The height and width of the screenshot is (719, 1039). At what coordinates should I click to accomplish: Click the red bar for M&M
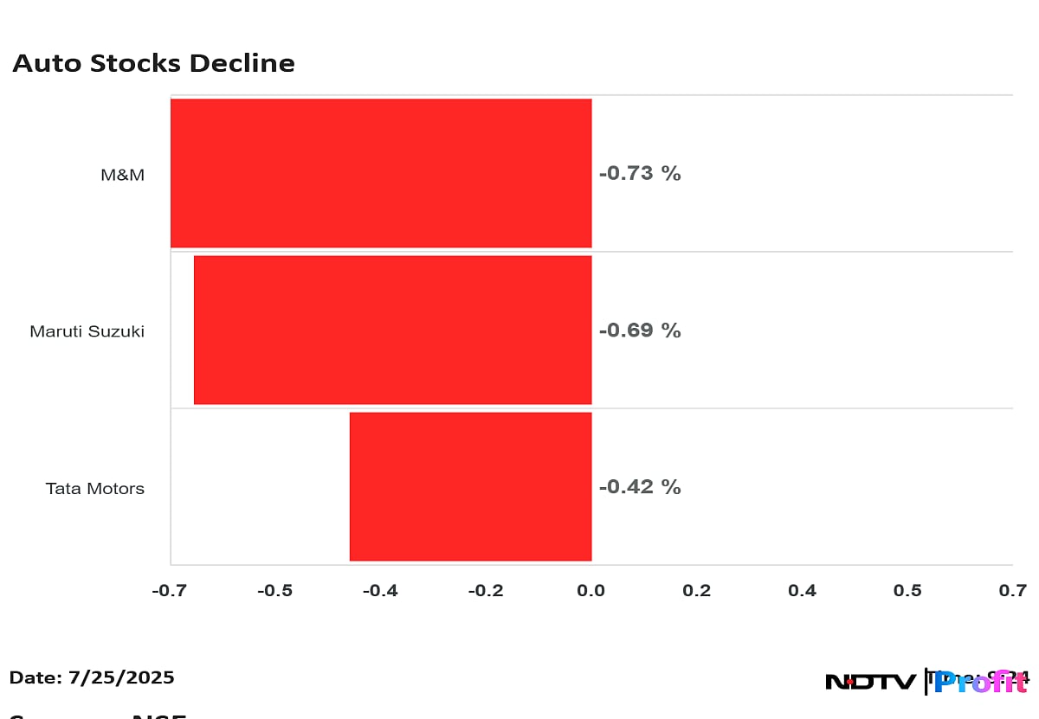[x=381, y=173]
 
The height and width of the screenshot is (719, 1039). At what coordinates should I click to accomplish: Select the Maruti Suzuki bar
[x=392, y=330]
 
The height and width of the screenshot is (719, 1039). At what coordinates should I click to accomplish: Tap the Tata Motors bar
[x=470, y=486]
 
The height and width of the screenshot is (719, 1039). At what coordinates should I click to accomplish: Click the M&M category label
[x=122, y=175]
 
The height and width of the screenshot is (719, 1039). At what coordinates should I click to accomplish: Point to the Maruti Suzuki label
[x=87, y=331]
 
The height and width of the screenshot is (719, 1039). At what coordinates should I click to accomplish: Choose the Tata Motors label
[x=95, y=489]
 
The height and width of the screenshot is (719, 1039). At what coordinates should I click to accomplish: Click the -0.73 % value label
[x=640, y=173]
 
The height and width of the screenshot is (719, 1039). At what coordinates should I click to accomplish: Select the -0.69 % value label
[x=640, y=330]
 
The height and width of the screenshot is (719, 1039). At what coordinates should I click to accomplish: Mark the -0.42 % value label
[x=640, y=487]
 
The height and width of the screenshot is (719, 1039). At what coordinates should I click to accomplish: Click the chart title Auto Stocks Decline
[x=153, y=63]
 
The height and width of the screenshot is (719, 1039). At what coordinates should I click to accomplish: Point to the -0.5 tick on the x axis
[x=274, y=591]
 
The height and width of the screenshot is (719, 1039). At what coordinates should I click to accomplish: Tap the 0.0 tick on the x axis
[x=591, y=591]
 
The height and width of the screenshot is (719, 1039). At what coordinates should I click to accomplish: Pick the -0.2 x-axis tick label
[x=486, y=591]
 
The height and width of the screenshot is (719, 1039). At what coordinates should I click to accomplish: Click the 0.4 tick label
[x=802, y=591]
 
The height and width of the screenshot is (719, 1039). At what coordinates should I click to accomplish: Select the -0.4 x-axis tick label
[x=380, y=591]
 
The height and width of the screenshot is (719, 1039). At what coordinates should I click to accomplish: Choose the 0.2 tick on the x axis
[x=696, y=591]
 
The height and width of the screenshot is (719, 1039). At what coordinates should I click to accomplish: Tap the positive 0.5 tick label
[x=907, y=591]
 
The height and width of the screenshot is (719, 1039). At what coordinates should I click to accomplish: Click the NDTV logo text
[x=869, y=682]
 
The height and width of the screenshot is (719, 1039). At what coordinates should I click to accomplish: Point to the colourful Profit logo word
[x=980, y=682]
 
